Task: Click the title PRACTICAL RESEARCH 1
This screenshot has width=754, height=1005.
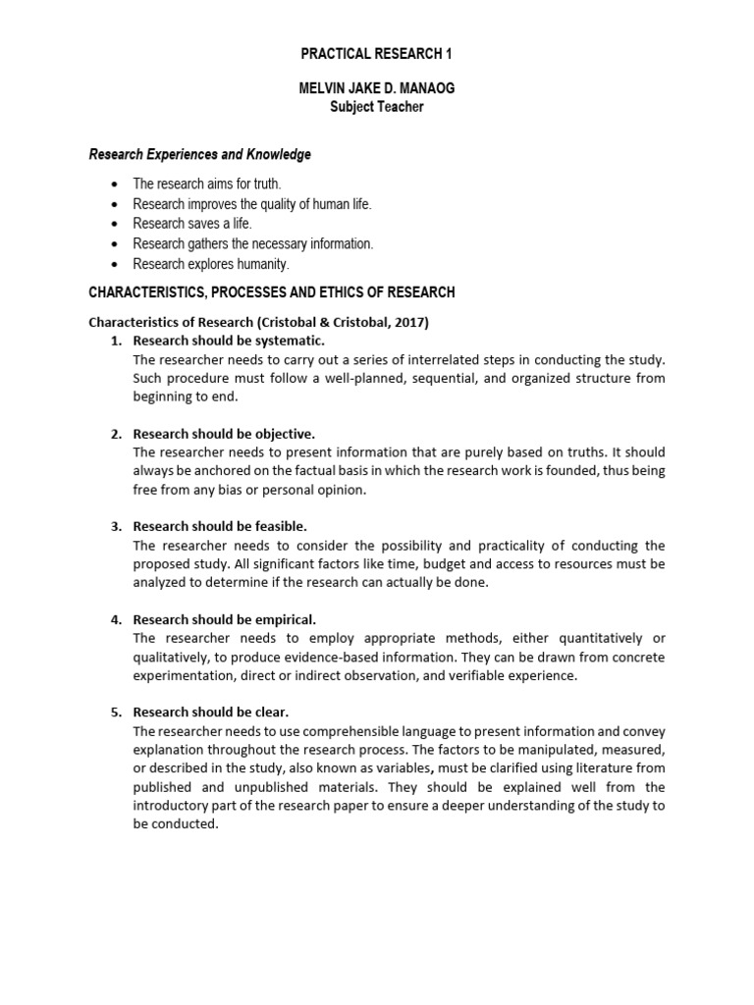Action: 377,53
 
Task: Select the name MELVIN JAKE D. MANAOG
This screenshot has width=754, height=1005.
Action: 377,88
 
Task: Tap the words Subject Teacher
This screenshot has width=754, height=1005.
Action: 377,107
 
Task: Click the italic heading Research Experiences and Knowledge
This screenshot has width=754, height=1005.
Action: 200,154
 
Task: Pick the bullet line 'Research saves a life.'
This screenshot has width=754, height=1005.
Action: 192,224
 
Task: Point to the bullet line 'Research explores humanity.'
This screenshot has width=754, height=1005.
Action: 211,264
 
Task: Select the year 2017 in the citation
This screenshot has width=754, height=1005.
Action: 409,321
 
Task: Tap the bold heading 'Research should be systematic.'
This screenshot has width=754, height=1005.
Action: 228,341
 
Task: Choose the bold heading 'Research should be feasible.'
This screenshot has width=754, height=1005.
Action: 220,526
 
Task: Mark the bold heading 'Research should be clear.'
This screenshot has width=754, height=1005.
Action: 211,713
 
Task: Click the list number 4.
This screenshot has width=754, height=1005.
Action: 116,619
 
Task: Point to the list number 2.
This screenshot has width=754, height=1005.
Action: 116,434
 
